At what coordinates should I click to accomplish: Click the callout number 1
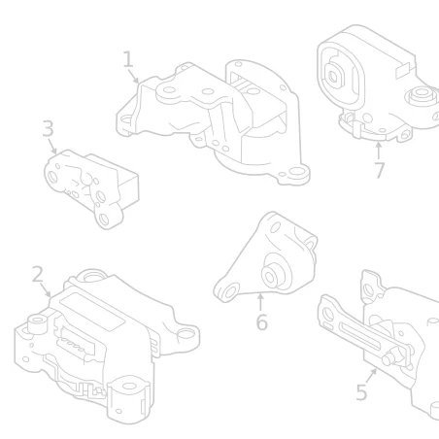coord(128,59)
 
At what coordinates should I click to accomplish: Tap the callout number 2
coord(38,274)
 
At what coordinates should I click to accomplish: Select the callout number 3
coord(48,128)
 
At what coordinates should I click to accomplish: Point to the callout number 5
coord(361,392)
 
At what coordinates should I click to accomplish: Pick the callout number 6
coord(261,322)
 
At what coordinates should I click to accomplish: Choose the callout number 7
coord(380,170)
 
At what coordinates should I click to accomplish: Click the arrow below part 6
coord(260,301)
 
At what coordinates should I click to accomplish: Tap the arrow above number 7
coord(378,151)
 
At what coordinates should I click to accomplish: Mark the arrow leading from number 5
coord(371,376)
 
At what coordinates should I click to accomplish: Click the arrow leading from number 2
coord(46,290)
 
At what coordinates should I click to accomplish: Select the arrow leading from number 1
coord(133,77)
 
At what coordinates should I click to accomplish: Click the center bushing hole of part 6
coord(270,277)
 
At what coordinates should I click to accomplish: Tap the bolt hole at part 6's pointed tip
coord(229,291)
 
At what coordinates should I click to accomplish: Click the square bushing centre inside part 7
coord(333,77)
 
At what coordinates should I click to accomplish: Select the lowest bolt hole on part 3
coord(104,219)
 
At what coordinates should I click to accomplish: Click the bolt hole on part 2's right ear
coord(185,333)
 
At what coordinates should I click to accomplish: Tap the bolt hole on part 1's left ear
coord(125,120)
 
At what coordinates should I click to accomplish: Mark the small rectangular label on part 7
coord(402,70)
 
